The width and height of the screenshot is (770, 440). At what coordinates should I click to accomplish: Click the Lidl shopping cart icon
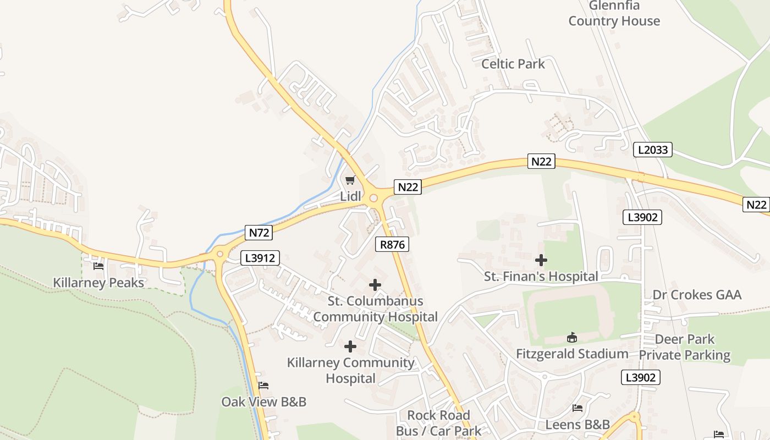350,180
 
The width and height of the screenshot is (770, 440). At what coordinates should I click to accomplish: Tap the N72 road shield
259,233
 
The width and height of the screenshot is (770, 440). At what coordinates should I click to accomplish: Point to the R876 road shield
393,244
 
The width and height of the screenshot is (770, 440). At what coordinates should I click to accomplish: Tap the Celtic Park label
513,64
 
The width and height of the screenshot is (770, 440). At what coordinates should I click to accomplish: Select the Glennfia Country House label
614,14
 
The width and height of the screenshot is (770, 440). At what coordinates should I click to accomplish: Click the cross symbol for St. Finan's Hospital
541,260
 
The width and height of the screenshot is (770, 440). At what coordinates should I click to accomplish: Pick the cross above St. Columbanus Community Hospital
375,285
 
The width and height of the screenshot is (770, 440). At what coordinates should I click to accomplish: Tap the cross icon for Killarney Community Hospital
350,346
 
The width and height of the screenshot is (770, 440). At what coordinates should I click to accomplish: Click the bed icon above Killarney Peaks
98,266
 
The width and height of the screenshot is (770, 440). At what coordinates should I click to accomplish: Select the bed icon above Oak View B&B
263,386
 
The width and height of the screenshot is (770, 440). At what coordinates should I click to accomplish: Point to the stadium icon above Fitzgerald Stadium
572,337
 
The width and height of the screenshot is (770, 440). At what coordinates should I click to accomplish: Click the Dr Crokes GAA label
697,295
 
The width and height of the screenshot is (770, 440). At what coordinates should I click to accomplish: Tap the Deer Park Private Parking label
685,347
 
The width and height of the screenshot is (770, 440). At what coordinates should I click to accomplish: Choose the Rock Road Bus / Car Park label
439,423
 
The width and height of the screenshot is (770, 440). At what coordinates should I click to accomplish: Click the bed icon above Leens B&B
577,408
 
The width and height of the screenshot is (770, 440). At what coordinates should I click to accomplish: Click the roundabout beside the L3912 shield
220,254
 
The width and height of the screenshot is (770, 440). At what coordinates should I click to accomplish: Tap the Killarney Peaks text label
98,283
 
